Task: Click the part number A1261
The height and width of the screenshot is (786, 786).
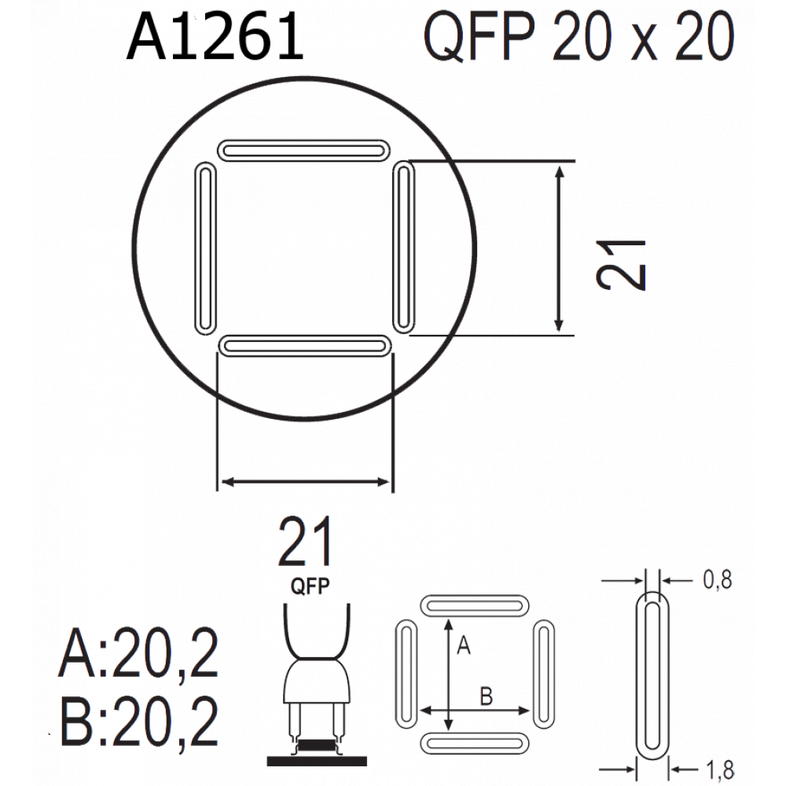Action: pyautogui.click(x=215, y=37)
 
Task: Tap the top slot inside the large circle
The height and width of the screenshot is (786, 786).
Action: pyautogui.click(x=303, y=150)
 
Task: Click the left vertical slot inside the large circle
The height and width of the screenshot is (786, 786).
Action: pyautogui.click(x=205, y=248)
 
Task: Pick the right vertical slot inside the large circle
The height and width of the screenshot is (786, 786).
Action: pyautogui.click(x=403, y=247)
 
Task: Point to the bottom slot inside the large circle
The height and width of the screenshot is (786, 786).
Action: pyautogui.click(x=305, y=346)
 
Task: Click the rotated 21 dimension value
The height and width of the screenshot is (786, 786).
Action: pyautogui.click(x=622, y=265)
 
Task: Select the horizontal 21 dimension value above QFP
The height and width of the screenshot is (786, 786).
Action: pyautogui.click(x=305, y=542)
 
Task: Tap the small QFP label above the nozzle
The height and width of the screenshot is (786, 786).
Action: pyautogui.click(x=310, y=586)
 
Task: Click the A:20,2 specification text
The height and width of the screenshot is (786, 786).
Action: pyautogui.click(x=139, y=652)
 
